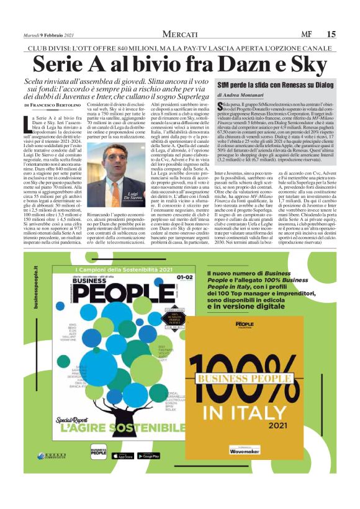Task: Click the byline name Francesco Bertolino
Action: point(59,107)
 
